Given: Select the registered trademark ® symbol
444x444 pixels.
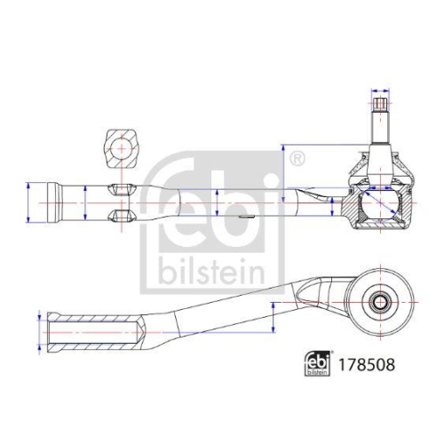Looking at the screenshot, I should [297, 159].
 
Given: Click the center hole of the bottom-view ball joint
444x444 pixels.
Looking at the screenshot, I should [380, 302].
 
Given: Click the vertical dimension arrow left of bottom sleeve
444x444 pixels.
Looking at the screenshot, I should [39, 330].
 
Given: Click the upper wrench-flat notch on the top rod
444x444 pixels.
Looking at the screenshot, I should [118, 187].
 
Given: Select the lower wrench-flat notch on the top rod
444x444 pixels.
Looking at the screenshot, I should [118, 215].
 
